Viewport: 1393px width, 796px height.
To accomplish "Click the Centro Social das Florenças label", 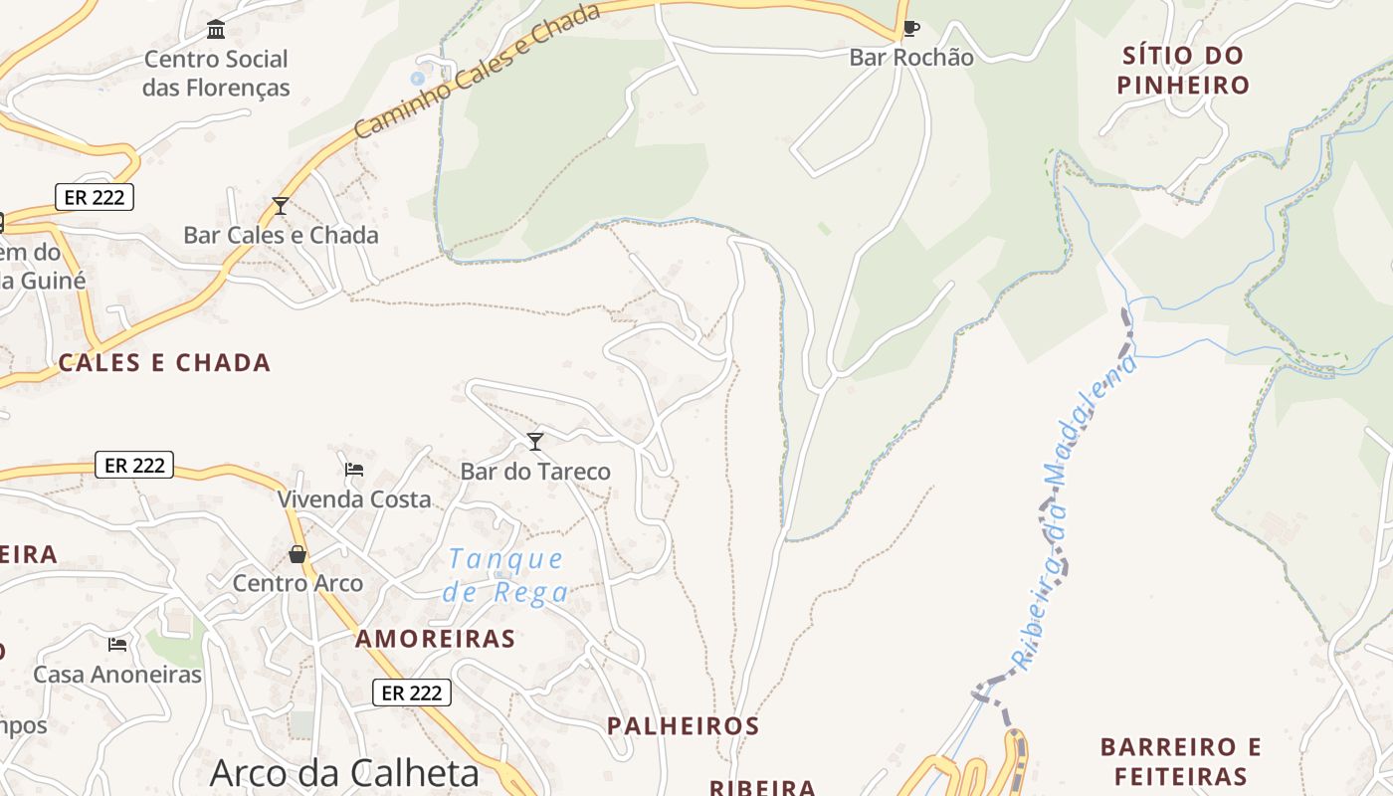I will coord(216,74).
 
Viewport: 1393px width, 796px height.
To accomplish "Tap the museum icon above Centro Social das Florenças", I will coord(216,29).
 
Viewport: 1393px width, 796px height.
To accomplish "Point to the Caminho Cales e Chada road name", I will coord(478,71).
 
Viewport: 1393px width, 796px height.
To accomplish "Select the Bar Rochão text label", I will coord(911,58).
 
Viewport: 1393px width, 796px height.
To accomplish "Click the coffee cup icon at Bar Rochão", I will coord(910,29).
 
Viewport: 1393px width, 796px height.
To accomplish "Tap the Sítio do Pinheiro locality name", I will coord(1182,70).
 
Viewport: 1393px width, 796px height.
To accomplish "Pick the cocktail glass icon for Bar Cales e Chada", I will coord(281,206).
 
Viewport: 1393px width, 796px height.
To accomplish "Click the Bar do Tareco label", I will coord(535,471).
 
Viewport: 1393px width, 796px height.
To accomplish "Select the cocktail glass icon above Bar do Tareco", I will coord(535,441).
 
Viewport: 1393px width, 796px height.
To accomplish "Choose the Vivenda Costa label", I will coord(354,498).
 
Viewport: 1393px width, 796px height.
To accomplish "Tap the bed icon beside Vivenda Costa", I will coord(354,469).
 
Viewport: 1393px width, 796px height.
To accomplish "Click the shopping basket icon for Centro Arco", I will coord(298,554).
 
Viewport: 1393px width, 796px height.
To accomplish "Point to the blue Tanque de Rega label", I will coord(506,575).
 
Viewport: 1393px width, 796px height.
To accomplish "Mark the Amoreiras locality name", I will coord(436,639).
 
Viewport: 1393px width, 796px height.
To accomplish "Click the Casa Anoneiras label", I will coord(117,675).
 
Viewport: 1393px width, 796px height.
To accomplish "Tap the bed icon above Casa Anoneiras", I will coord(117,645).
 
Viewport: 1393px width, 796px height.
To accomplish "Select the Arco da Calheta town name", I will coord(344,773).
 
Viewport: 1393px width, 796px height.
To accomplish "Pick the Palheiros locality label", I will coord(684,725).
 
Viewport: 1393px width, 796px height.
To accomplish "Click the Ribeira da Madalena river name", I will coord(1074,512).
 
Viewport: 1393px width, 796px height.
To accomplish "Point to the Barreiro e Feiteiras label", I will coord(1181,761).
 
